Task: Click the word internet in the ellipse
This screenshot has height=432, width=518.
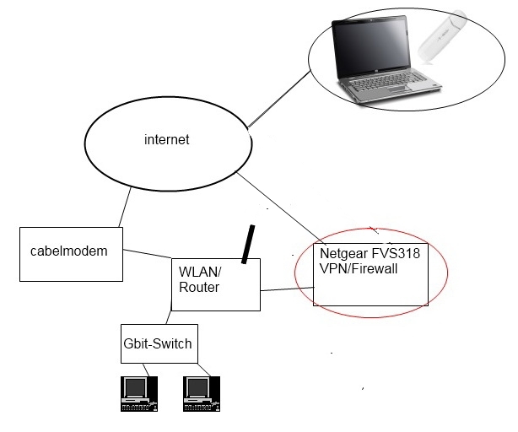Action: [x=167, y=140]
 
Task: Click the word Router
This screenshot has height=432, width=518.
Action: [x=200, y=288]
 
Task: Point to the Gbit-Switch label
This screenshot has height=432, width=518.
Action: [x=158, y=343]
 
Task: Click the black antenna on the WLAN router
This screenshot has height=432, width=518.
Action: [x=249, y=244]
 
